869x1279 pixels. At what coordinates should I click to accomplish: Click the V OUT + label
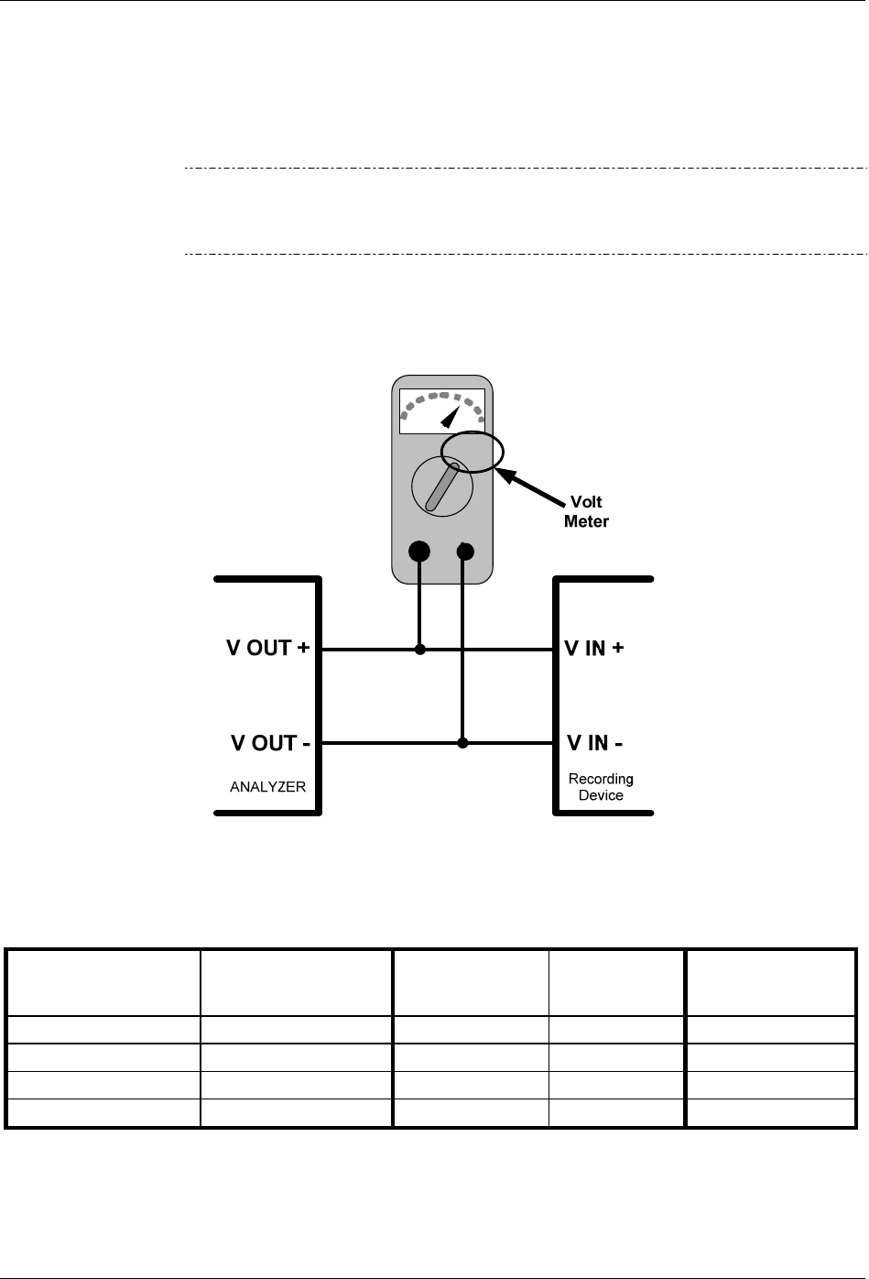tap(267, 649)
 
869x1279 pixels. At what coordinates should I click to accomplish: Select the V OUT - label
tap(269, 743)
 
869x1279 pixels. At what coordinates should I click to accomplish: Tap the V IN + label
tap(594, 649)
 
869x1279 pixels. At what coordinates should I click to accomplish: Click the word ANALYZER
tap(267, 787)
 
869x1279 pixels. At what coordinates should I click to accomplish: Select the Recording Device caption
tap(601, 787)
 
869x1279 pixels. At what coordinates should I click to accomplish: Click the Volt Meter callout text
tap(586, 511)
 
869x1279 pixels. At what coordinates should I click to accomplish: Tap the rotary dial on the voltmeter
tap(442, 487)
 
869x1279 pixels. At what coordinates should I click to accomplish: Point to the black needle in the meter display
tap(451, 418)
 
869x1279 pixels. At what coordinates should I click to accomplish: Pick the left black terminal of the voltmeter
tap(418, 552)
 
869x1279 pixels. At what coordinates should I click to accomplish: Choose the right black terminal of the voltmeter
tap(465, 552)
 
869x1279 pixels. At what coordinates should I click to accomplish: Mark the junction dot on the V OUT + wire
tap(420, 650)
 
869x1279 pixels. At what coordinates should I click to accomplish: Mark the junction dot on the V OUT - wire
tap(462, 743)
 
